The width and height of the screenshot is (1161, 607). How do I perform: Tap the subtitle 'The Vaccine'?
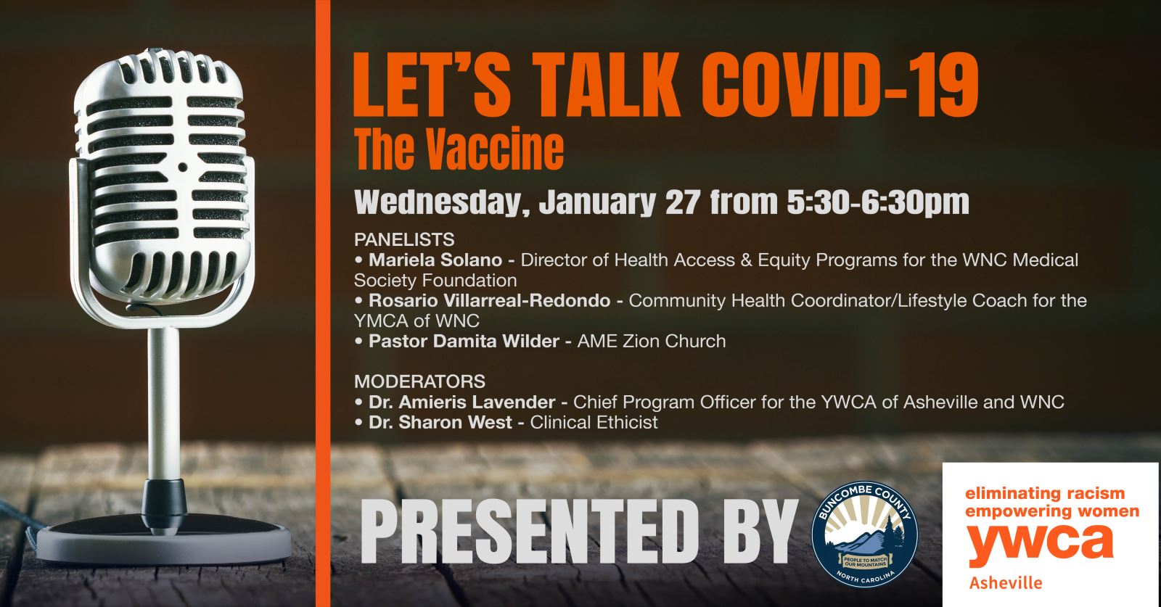click(459, 149)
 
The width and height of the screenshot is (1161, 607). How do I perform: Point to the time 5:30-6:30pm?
click(877, 202)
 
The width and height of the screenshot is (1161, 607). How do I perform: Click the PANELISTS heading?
click(404, 239)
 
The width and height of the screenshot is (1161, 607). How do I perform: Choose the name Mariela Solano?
click(435, 260)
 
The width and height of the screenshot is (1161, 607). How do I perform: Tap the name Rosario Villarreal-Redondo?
click(489, 300)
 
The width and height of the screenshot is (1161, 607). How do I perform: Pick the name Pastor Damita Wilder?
click(464, 341)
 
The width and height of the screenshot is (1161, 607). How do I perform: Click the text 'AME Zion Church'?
click(651, 341)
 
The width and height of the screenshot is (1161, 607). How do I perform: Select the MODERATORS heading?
click(419, 381)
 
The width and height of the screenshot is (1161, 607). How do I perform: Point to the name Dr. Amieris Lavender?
click(462, 402)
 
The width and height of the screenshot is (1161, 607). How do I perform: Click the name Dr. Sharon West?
click(440, 422)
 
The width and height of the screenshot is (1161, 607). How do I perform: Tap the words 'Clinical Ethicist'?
click(594, 422)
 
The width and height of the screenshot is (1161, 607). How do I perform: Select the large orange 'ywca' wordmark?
click(1040, 545)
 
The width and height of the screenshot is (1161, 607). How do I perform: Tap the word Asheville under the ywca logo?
click(1005, 583)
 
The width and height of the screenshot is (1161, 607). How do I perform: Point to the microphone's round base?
click(163, 533)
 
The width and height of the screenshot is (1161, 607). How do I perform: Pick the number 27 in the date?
click(682, 202)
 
